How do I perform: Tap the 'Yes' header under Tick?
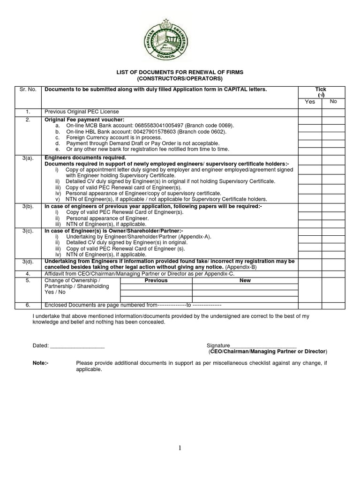coord(310,102)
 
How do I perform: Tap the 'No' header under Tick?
coord(333,101)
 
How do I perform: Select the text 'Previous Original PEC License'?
coord(82,112)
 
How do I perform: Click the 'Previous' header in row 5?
coord(156,280)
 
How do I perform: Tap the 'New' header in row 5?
coord(245,280)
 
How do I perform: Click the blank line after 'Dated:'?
coord(77,345)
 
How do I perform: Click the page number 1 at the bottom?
coord(180,448)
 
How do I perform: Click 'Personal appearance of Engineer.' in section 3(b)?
coord(107,218)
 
